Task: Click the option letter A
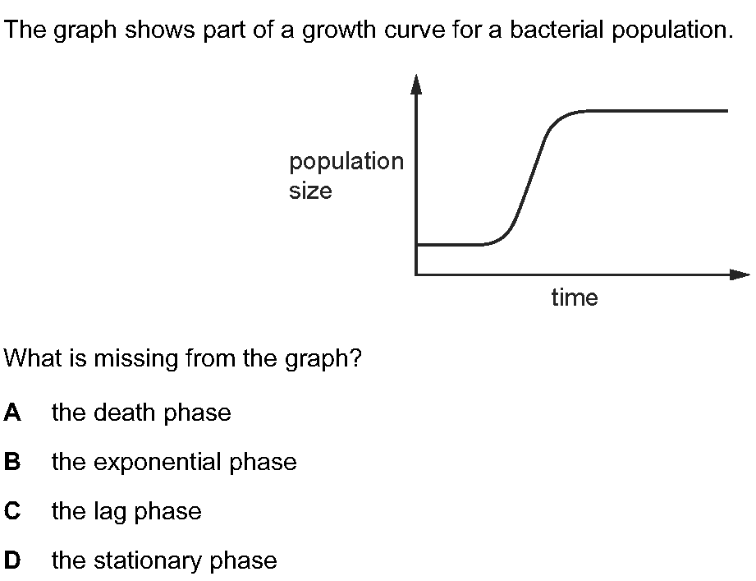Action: click(12, 413)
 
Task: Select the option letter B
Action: click(12, 461)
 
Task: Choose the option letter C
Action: click(12, 510)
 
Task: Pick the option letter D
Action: click(12, 560)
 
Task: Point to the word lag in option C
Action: click(110, 511)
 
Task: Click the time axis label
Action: click(575, 297)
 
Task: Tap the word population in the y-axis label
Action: click(346, 162)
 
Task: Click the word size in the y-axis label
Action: click(310, 191)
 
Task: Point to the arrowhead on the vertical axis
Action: click(416, 84)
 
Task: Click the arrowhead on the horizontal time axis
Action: click(740, 274)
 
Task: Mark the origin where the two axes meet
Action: click(416, 274)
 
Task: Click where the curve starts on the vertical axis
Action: click(417, 245)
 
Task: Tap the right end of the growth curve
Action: click(727, 111)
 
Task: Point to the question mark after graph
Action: click(355, 358)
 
